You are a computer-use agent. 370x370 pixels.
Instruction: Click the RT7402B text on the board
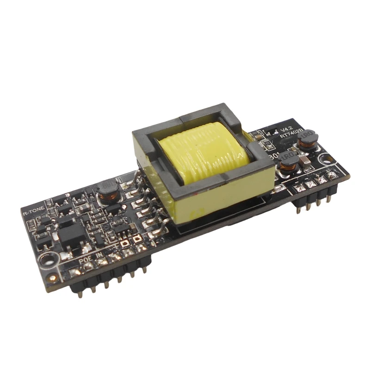291,135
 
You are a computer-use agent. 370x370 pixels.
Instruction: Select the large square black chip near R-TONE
69,234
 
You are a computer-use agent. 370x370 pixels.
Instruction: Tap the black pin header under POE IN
111,282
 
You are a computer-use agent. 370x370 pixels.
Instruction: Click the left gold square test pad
124,241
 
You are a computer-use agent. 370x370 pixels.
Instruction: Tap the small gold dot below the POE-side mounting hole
54,277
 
